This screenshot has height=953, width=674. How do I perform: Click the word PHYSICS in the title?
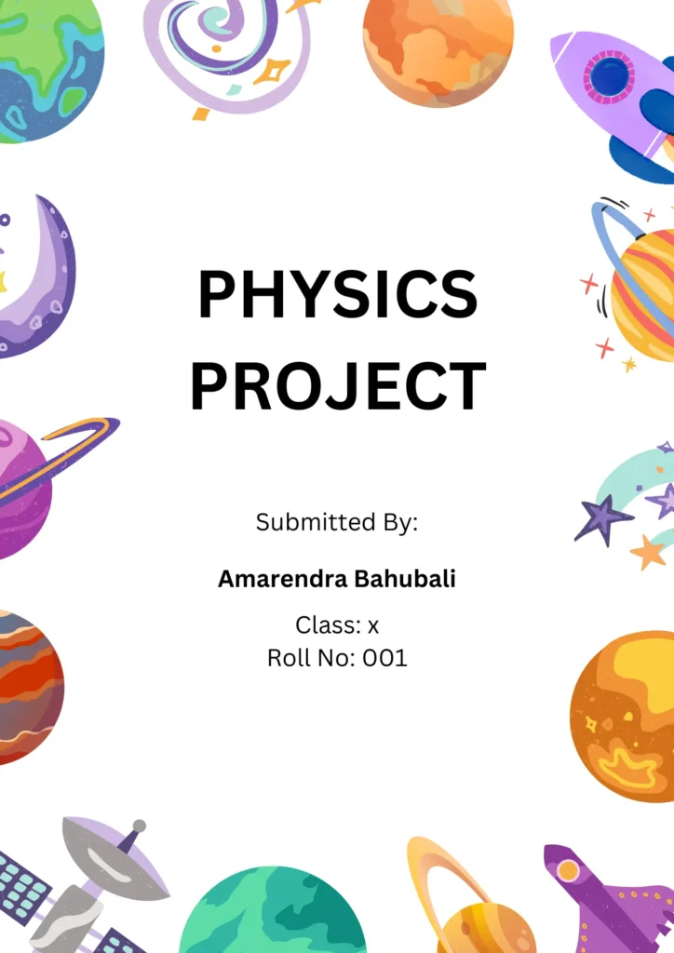[x=338, y=294]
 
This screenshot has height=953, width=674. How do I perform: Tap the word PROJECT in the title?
[x=338, y=386]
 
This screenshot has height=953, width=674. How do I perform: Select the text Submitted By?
[x=337, y=522]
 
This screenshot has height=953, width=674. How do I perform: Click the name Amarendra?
[x=283, y=579]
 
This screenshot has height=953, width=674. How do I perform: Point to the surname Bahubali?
[x=405, y=579]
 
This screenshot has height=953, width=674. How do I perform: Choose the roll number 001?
[x=384, y=658]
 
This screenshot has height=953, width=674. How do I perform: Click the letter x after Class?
[x=373, y=625]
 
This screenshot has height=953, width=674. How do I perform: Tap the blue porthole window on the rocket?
[x=609, y=76]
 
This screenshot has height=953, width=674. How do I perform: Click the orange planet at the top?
[x=438, y=52]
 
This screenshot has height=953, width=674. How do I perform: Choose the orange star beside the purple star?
[x=648, y=552]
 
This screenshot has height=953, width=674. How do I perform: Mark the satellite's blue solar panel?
[x=23, y=888]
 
